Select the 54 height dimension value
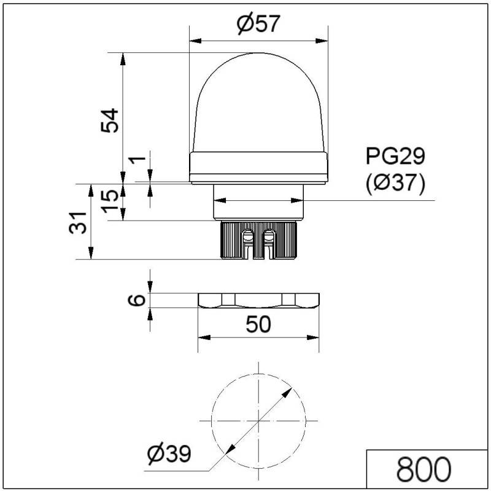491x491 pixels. (x=110, y=120)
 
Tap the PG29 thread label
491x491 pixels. (x=395, y=156)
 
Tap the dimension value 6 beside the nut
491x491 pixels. (x=139, y=300)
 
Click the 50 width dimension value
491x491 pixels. (x=258, y=324)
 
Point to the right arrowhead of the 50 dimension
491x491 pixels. (x=315, y=337)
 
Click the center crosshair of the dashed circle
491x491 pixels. (x=258, y=420)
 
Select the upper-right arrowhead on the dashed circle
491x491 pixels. (x=289, y=390)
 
